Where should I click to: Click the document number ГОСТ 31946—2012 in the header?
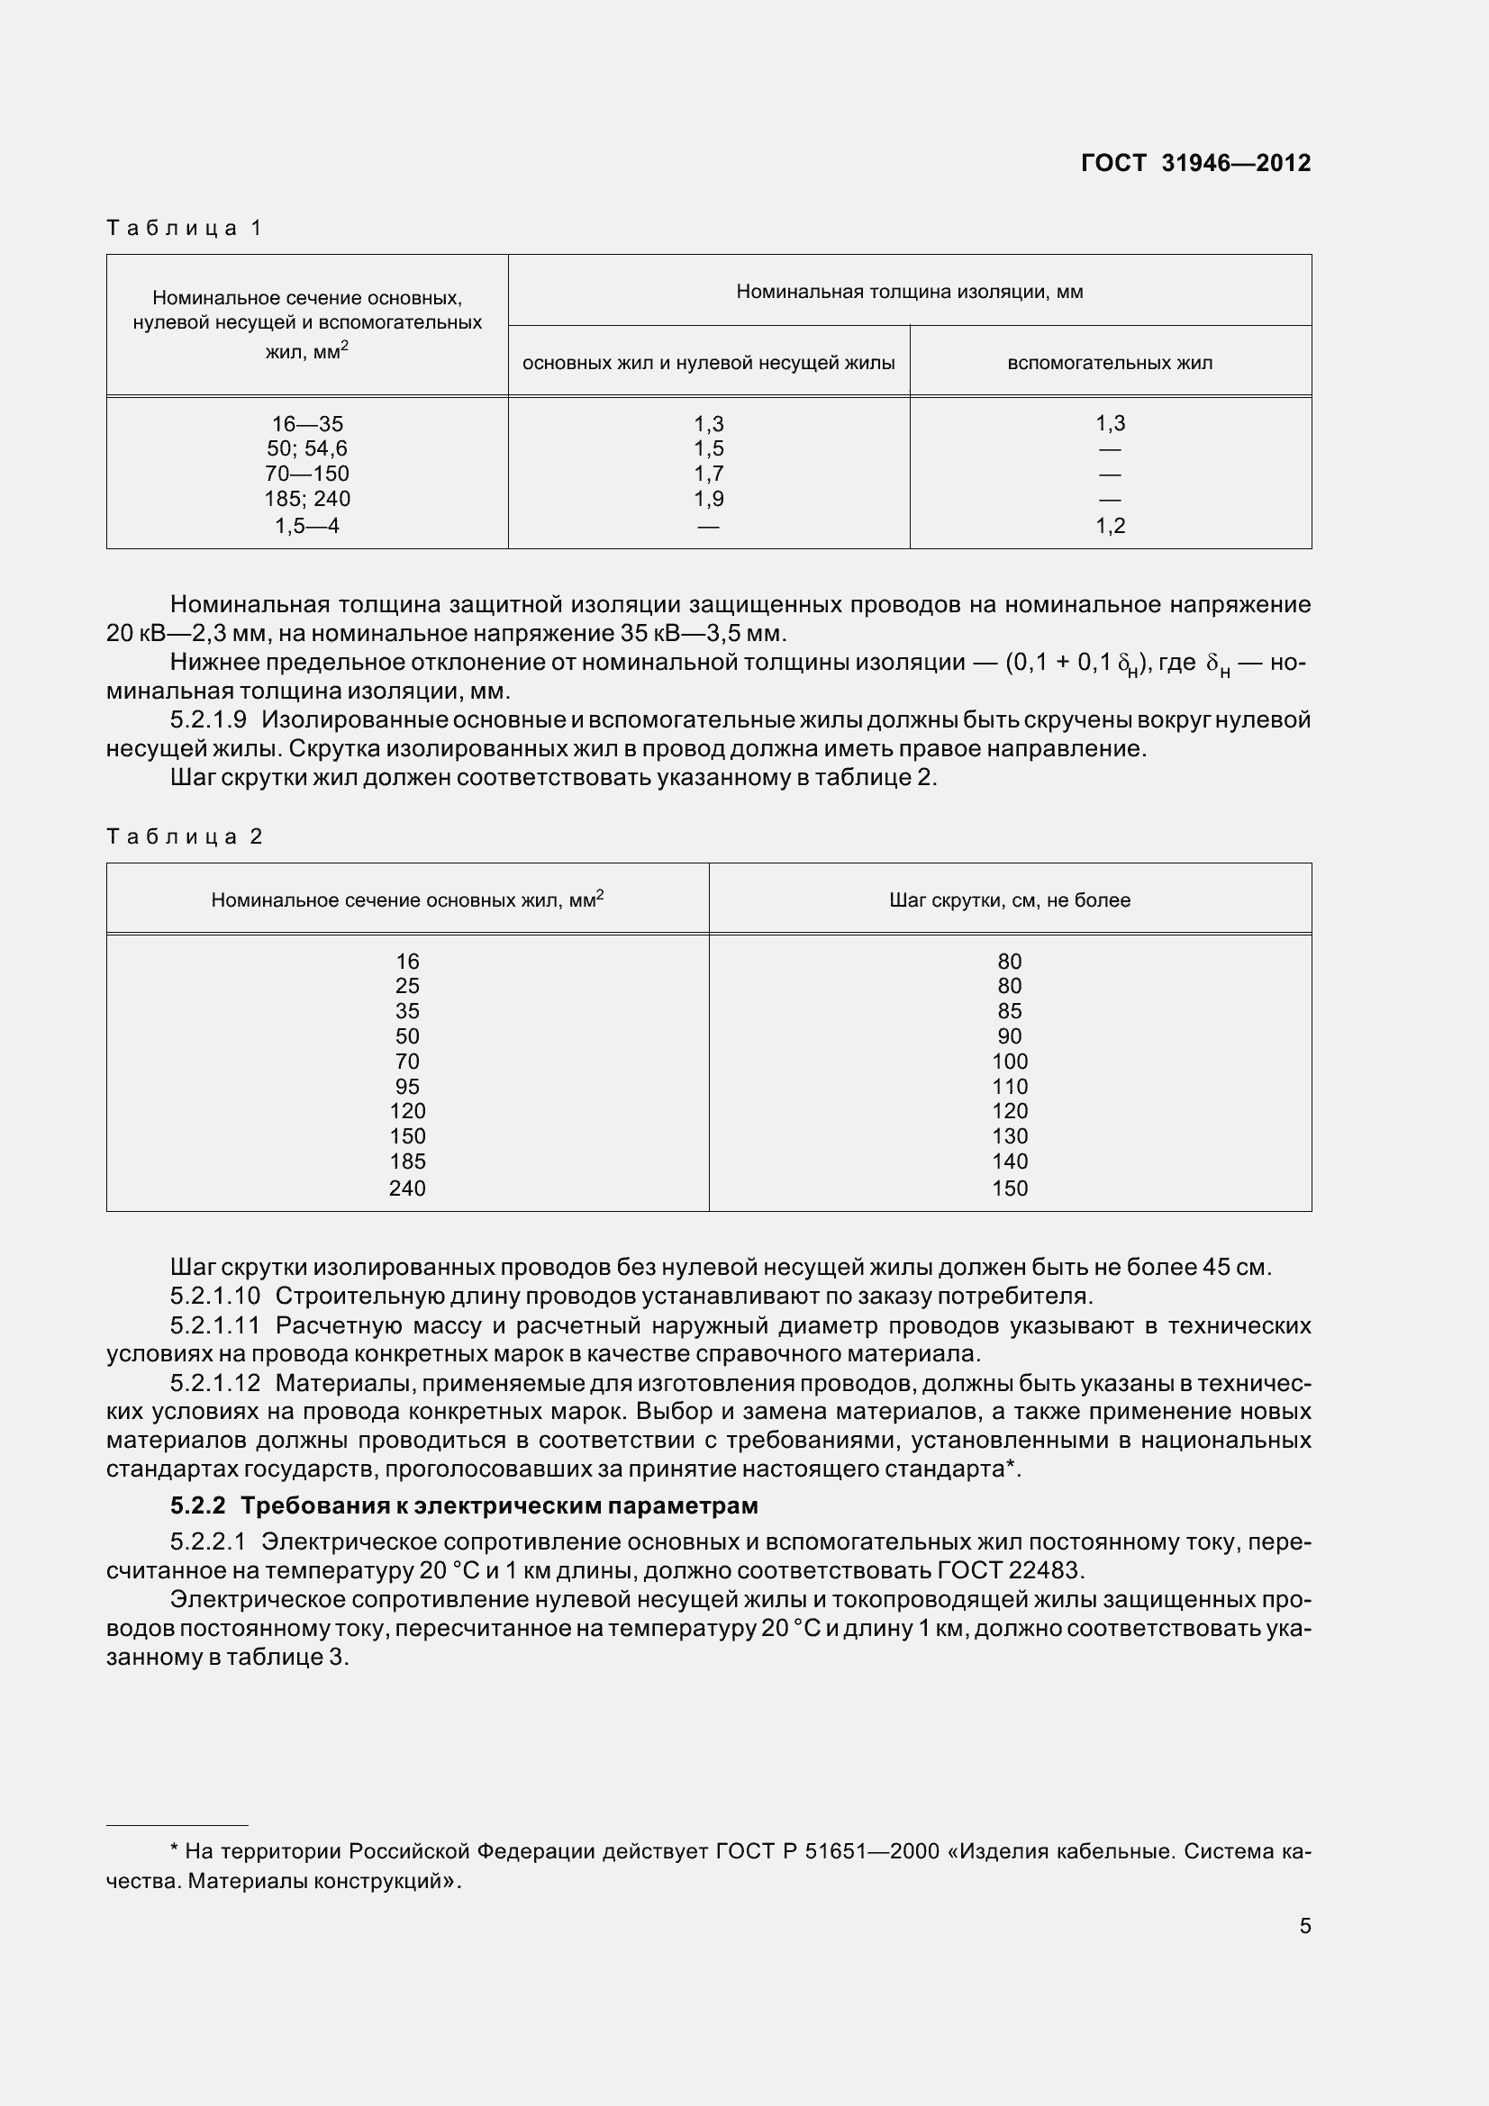coord(1194,163)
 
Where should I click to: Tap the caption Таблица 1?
coord(185,228)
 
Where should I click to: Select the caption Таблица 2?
coord(185,836)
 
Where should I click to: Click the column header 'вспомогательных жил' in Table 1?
coord(1109,363)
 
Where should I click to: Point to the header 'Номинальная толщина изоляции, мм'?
coord(909,292)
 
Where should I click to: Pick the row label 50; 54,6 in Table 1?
coord(306,448)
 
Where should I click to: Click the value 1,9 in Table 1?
coord(708,499)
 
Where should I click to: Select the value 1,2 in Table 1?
coord(1109,526)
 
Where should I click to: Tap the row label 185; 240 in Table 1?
coord(306,499)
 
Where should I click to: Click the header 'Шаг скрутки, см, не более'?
coord(1009,900)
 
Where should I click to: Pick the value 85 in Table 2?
coord(1009,1011)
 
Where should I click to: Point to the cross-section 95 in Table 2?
coord(407,1086)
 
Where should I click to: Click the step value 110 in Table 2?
coord(1009,1086)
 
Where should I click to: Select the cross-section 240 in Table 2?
coord(407,1188)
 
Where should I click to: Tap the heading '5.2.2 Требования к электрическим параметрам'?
coord(463,1506)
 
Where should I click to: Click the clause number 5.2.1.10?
coord(214,1296)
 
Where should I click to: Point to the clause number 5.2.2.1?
coord(208,1541)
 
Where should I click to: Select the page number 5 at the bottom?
coord(1304,1926)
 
